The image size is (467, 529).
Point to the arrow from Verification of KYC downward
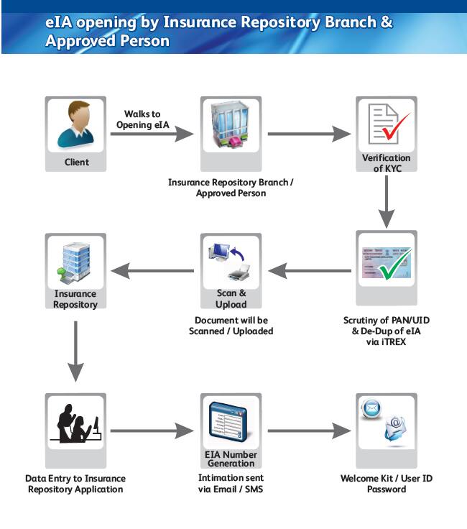387,198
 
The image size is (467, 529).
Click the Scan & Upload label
231,298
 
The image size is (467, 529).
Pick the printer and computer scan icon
231,262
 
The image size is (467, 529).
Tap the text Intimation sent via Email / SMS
231,483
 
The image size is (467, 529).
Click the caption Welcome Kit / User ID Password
387,484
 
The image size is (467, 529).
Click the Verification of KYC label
387,163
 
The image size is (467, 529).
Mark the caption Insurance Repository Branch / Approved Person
231,188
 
